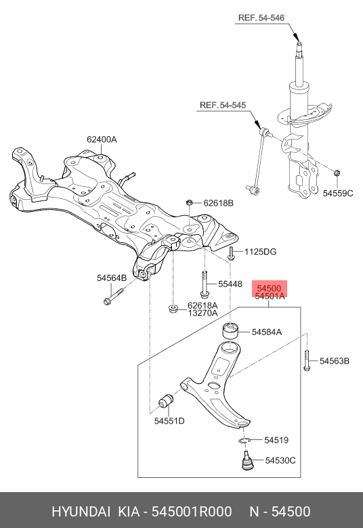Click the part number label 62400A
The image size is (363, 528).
click(x=102, y=139)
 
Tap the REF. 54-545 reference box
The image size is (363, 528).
click(x=222, y=105)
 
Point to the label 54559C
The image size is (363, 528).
click(x=338, y=194)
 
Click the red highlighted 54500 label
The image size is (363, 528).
click(x=270, y=288)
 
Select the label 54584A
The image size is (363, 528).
click(x=267, y=332)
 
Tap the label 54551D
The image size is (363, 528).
click(x=169, y=421)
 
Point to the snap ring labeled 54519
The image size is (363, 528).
click(x=246, y=441)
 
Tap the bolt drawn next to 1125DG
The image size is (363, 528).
click(x=232, y=254)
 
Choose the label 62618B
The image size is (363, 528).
click(x=217, y=202)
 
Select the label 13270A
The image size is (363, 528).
click(x=202, y=313)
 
